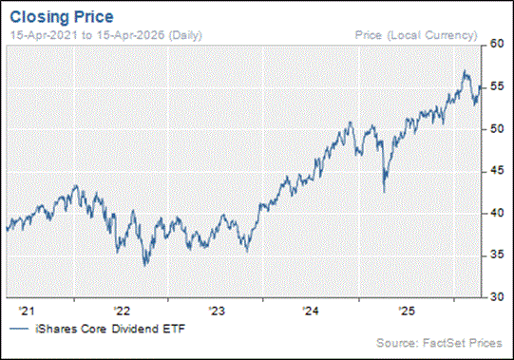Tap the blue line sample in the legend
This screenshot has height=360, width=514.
click(17, 328)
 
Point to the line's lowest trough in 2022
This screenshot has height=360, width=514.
click(144, 266)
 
